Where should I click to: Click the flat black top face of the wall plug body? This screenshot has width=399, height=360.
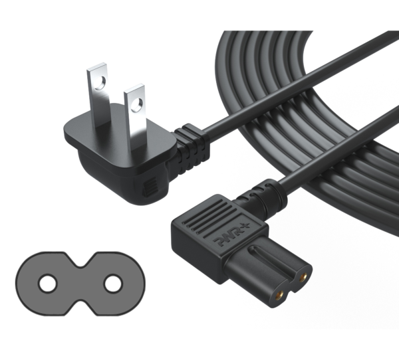(120, 137)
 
